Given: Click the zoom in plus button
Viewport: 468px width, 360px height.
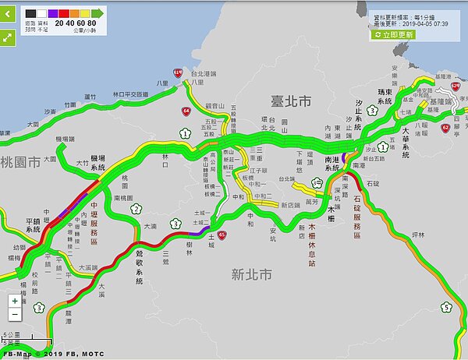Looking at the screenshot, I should tap(15, 300).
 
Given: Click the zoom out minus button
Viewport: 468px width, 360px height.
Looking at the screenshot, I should tap(15, 314).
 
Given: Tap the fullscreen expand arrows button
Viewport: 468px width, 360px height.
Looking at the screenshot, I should tap(7, 37).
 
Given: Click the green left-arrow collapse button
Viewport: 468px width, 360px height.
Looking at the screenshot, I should tap(7, 14).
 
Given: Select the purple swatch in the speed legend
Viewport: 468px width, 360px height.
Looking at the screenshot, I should tap(52, 13).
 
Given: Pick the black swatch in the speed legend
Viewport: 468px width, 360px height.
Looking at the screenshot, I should tap(30, 13).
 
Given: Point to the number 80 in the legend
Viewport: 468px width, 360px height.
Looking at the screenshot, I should tap(92, 23).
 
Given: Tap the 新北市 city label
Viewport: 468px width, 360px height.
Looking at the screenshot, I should tap(251, 274).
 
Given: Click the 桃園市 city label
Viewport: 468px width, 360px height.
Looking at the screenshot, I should tap(19, 162).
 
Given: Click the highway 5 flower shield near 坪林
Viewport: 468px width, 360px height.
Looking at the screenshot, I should tap(445, 307).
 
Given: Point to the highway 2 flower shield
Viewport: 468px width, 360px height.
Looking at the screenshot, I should tap(136, 208).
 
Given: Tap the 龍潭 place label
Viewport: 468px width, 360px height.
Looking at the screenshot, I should tap(71, 320).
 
